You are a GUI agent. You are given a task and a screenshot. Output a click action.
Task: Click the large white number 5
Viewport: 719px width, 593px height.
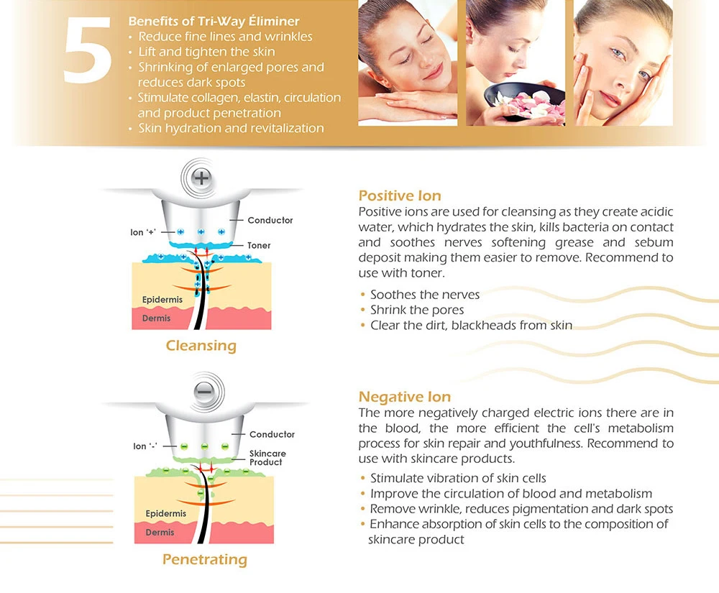pyautogui.click(x=87, y=50)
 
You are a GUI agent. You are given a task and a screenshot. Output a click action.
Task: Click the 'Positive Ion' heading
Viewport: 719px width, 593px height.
pyautogui.click(x=400, y=196)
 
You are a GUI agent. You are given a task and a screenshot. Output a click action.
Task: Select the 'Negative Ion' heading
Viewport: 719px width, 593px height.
pyautogui.click(x=404, y=396)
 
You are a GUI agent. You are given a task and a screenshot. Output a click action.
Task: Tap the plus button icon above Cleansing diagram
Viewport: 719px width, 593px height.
pyautogui.click(x=201, y=178)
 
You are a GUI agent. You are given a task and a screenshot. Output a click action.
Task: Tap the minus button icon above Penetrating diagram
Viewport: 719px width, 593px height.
pyautogui.click(x=204, y=392)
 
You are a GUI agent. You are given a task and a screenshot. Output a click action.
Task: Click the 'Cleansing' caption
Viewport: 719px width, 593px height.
pyautogui.click(x=201, y=346)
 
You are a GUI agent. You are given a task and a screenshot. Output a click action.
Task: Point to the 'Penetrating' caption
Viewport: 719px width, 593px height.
pyautogui.click(x=204, y=559)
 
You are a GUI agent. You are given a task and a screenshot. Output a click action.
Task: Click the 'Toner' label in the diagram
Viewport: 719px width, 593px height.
pyautogui.click(x=259, y=246)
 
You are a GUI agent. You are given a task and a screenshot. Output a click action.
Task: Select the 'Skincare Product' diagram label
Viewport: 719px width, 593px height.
pyautogui.click(x=267, y=458)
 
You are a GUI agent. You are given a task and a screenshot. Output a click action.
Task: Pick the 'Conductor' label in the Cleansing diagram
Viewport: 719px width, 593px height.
pyautogui.click(x=270, y=221)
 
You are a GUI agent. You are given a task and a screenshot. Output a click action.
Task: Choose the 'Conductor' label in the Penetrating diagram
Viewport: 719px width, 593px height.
pyautogui.click(x=272, y=434)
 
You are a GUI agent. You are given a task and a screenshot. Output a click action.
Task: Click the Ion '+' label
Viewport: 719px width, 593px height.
pyautogui.click(x=143, y=232)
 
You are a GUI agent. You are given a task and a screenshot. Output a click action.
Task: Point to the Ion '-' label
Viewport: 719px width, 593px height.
pyautogui.click(x=145, y=446)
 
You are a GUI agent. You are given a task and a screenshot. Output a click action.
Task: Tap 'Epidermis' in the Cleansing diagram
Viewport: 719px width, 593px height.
pyautogui.click(x=162, y=300)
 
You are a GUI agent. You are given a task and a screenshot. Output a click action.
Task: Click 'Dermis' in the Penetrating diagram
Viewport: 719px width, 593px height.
pyautogui.click(x=160, y=533)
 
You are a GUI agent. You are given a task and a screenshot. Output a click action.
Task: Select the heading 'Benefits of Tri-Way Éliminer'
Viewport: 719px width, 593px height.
pyautogui.click(x=214, y=21)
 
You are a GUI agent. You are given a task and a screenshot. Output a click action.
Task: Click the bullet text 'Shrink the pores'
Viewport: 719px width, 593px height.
pyautogui.click(x=417, y=311)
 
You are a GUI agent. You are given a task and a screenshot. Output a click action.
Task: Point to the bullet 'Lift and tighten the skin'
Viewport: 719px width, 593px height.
pyautogui.click(x=207, y=52)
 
